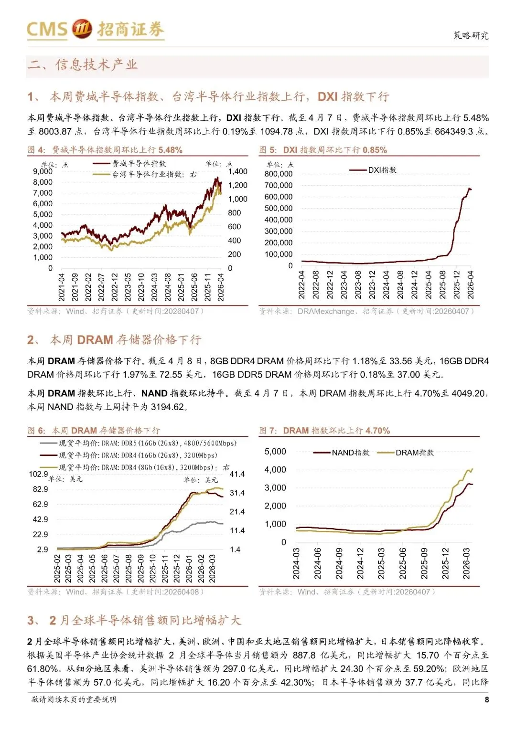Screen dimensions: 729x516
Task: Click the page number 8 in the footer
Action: point(486,699)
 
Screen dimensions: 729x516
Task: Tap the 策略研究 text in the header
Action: point(471,35)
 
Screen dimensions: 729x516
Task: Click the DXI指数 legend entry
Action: point(382,170)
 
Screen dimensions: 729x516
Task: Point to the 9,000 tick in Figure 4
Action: point(43,171)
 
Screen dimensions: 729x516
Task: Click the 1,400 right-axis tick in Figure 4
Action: point(237,171)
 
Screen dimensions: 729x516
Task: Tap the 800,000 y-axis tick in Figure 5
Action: point(278,174)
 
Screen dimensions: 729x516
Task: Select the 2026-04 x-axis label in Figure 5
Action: point(471,285)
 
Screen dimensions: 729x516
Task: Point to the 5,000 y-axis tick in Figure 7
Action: point(275,452)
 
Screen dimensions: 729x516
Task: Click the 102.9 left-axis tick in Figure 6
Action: point(38,474)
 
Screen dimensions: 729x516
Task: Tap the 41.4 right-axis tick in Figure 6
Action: point(237,474)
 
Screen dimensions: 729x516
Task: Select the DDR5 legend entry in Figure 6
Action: point(147,443)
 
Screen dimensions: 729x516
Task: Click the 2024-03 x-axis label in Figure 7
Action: point(296,564)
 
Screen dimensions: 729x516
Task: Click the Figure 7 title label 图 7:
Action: point(269,431)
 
